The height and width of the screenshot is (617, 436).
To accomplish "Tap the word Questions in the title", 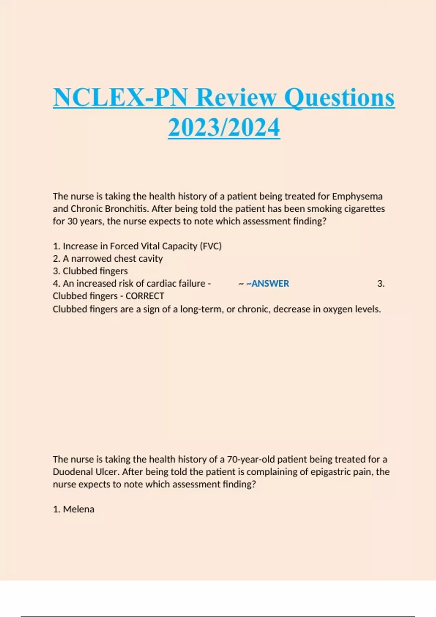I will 339,98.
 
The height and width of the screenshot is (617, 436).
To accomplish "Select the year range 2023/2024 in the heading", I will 224,128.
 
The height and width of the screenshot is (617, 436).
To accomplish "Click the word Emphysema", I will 357,196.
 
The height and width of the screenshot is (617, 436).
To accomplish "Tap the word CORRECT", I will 145,296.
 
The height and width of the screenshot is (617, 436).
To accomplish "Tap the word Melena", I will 78,509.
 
